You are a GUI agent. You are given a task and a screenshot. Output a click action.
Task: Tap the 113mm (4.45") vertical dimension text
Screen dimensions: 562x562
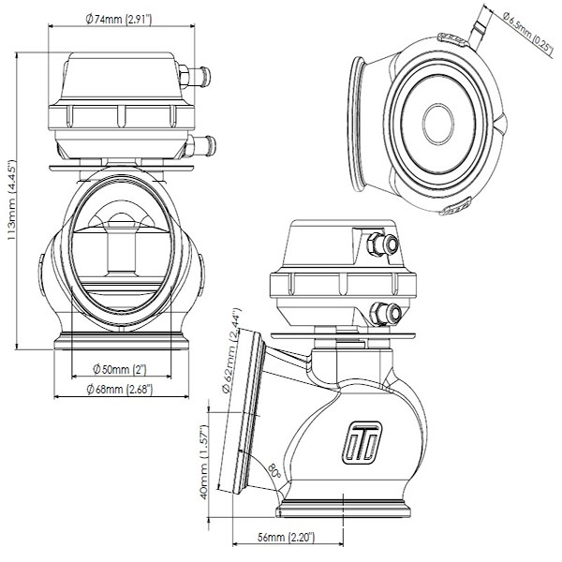(10, 198)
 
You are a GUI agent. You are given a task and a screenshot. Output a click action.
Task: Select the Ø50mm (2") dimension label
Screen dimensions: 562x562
(120, 367)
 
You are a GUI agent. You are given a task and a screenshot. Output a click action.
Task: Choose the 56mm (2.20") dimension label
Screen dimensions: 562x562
(286, 539)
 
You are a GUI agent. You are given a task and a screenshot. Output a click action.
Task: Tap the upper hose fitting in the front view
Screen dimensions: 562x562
(197, 71)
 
